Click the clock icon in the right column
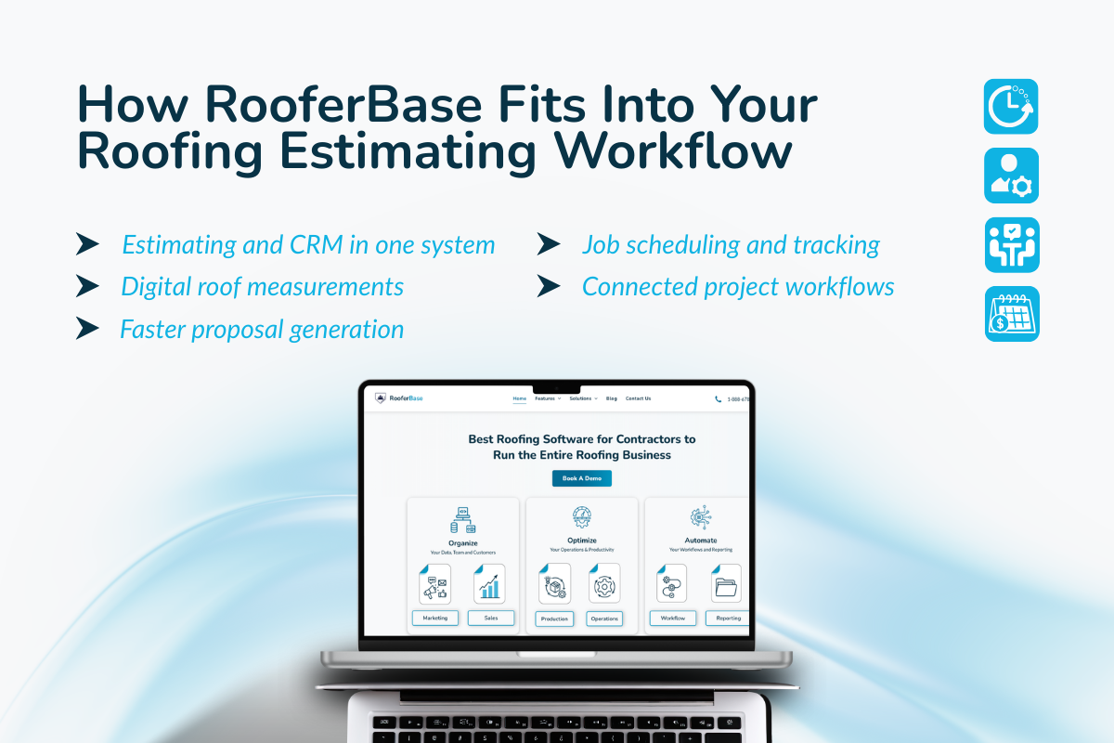1011,106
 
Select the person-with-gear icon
1011,176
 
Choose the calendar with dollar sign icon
1012,314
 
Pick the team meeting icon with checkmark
1011,245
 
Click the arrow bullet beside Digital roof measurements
87,286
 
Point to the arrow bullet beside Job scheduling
549,244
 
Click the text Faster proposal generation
262,329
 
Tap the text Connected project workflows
738,287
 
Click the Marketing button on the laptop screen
434,618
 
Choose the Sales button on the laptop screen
490,618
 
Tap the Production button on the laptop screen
554,619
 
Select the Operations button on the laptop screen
604,619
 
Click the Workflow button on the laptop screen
673,618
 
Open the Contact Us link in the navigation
638,398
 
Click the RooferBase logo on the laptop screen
399,398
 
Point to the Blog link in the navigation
611,398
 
